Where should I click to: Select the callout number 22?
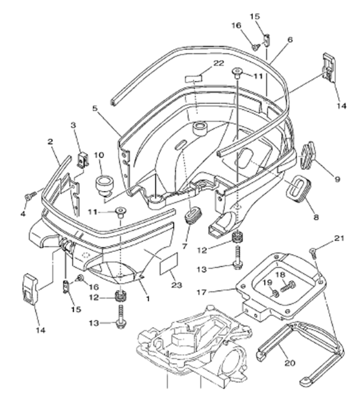point(218,63)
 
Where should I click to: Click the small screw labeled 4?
point(28,197)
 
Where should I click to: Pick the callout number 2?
point(51,141)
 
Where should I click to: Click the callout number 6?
point(290,40)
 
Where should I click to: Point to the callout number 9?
point(336,179)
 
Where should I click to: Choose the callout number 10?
point(98,154)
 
